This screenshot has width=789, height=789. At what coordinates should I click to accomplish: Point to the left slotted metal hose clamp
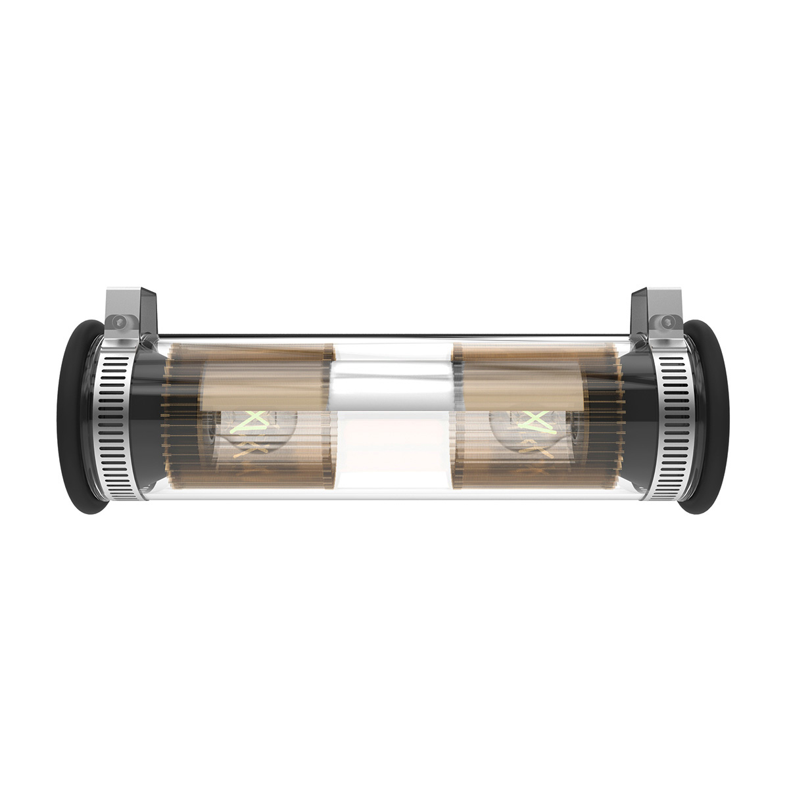coord(108,421)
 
